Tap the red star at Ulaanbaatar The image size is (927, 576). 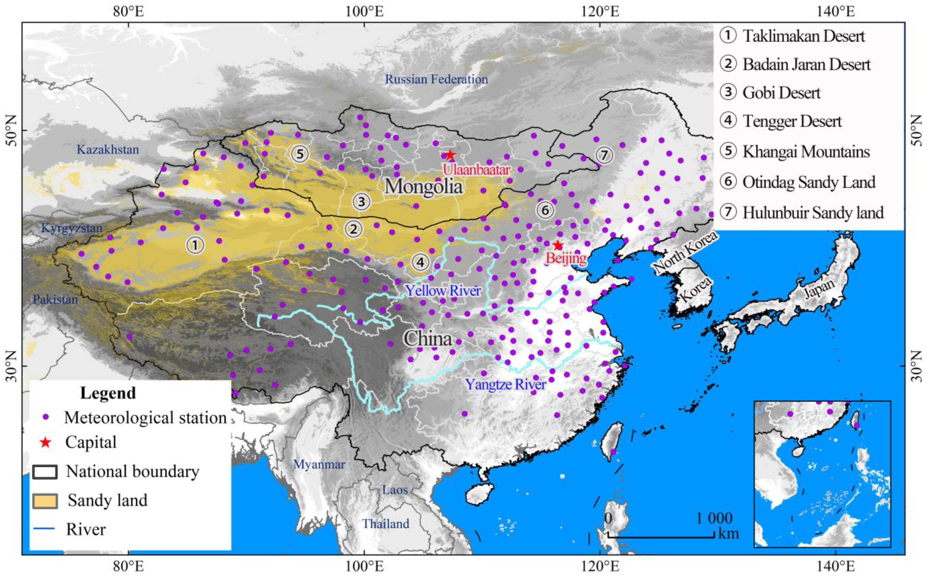(450, 155)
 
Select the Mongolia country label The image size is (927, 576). (423, 187)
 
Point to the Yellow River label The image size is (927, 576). (443, 291)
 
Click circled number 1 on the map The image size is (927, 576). (195, 245)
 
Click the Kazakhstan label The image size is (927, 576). (108, 150)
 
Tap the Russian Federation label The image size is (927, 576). (437, 79)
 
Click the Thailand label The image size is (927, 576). (385, 524)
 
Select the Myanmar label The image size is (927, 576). (319, 464)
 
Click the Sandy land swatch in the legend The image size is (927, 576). (45, 501)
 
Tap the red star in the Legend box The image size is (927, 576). (46, 442)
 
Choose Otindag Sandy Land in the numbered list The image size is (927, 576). (809, 182)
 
